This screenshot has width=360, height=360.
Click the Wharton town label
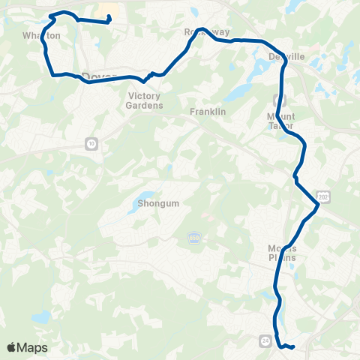(40, 35)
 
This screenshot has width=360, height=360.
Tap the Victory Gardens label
(145, 100)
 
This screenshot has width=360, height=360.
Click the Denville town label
(286, 56)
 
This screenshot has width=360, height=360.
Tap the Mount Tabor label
(281, 121)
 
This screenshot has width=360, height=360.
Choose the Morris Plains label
(282, 253)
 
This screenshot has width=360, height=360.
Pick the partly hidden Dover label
(95, 75)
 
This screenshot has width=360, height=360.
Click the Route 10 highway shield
(91, 143)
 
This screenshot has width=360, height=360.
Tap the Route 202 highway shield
(323, 196)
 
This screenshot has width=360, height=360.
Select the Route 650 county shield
(193, 238)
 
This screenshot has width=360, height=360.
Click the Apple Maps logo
(26, 347)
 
